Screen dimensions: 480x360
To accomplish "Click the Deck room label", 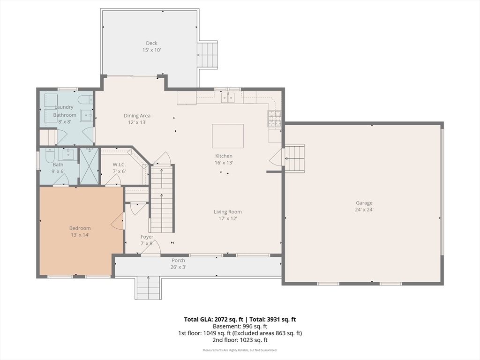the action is (x=151, y=43).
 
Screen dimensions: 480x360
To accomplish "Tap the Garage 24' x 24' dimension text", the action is (x=364, y=210).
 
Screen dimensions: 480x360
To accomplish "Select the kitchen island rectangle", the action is (x=228, y=136).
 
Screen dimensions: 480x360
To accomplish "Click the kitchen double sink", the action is (x=228, y=97).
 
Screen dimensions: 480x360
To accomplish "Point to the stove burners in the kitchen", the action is (x=275, y=119).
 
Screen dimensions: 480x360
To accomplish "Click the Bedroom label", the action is (x=80, y=228).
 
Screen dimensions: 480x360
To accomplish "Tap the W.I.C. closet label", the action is (x=119, y=165).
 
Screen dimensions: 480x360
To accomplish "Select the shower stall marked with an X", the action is (x=89, y=166).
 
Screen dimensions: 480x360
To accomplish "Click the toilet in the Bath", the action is (x=50, y=155).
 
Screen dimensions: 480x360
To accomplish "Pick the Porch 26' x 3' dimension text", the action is (x=178, y=267).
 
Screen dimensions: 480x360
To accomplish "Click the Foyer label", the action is (x=147, y=237).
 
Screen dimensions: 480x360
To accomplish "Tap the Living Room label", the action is (x=228, y=211).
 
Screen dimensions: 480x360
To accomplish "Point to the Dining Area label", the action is (x=137, y=115).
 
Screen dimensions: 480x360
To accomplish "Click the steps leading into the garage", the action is (x=294, y=158).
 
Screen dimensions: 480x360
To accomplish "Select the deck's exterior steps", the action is (x=207, y=55).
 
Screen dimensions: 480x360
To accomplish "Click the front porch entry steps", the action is (x=148, y=287).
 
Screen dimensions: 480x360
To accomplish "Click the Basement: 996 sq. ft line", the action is (x=240, y=326).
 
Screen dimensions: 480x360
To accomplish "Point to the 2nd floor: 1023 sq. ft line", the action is (x=240, y=340).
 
